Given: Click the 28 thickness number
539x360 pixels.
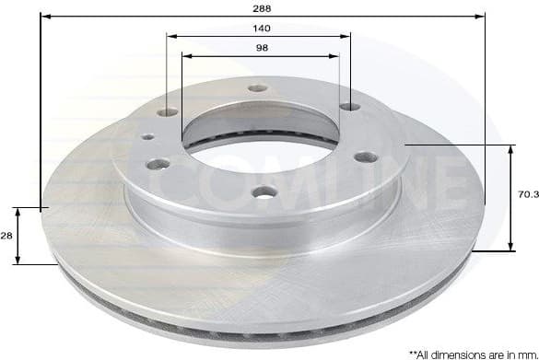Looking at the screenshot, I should click(8, 236).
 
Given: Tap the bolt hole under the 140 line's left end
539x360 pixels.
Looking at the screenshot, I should click(167, 112).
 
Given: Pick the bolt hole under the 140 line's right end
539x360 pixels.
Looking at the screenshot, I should click(350, 108).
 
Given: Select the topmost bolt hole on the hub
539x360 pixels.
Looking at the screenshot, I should click(254, 90).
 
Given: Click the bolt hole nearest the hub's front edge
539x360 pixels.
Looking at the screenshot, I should click(266, 192).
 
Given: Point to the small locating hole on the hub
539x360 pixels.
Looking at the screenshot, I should click(146, 138).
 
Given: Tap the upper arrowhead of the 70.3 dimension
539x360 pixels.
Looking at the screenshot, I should click(511, 148).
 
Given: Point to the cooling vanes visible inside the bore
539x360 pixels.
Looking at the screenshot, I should click(221, 141).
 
